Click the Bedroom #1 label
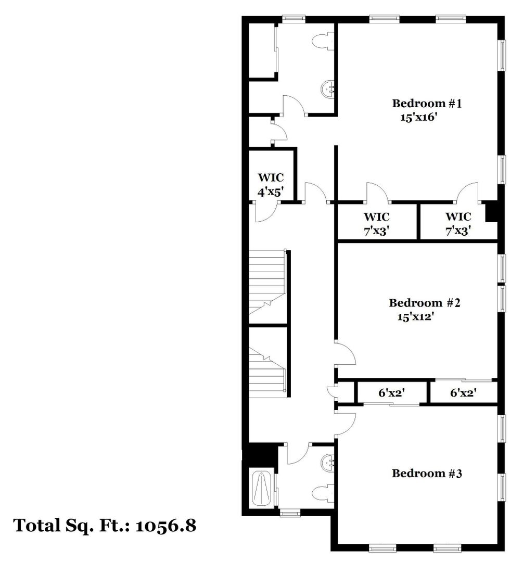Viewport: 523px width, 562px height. tap(427, 104)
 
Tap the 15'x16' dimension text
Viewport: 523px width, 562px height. tap(419, 117)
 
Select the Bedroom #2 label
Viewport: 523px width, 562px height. tap(425, 303)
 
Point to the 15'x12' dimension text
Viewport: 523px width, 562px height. tap(416, 316)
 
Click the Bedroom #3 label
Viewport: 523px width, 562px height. tap(427, 474)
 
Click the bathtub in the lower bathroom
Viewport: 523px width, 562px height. tap(262, 489)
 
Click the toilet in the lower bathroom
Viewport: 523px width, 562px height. tap(323, 493)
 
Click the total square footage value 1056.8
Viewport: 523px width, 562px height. tap(166, 526)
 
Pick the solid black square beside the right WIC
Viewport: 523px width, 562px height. tap(491, 212)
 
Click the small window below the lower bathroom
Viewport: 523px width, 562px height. tap(290, 513)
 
